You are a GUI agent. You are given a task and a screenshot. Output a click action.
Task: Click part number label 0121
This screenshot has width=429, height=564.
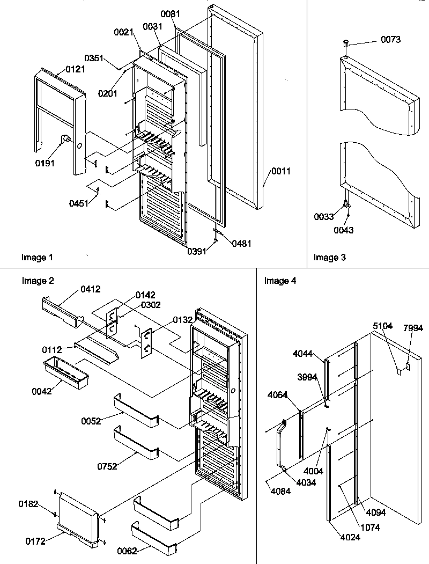[x=76, y=69]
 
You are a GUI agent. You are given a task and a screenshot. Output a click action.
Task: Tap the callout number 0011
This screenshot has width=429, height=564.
[x=282, y=172]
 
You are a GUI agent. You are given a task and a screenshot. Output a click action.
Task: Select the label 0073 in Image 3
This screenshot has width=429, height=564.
[x=390, y=40]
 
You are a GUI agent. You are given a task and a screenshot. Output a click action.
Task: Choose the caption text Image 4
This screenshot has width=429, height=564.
[x=280, y=281]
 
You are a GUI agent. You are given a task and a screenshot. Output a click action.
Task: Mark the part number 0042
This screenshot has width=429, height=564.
[x=41, y=391]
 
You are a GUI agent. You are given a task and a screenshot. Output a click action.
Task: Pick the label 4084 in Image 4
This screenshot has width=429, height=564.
[x=280, y=491]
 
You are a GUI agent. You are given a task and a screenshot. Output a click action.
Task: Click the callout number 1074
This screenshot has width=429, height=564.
[x=369, y=528]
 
